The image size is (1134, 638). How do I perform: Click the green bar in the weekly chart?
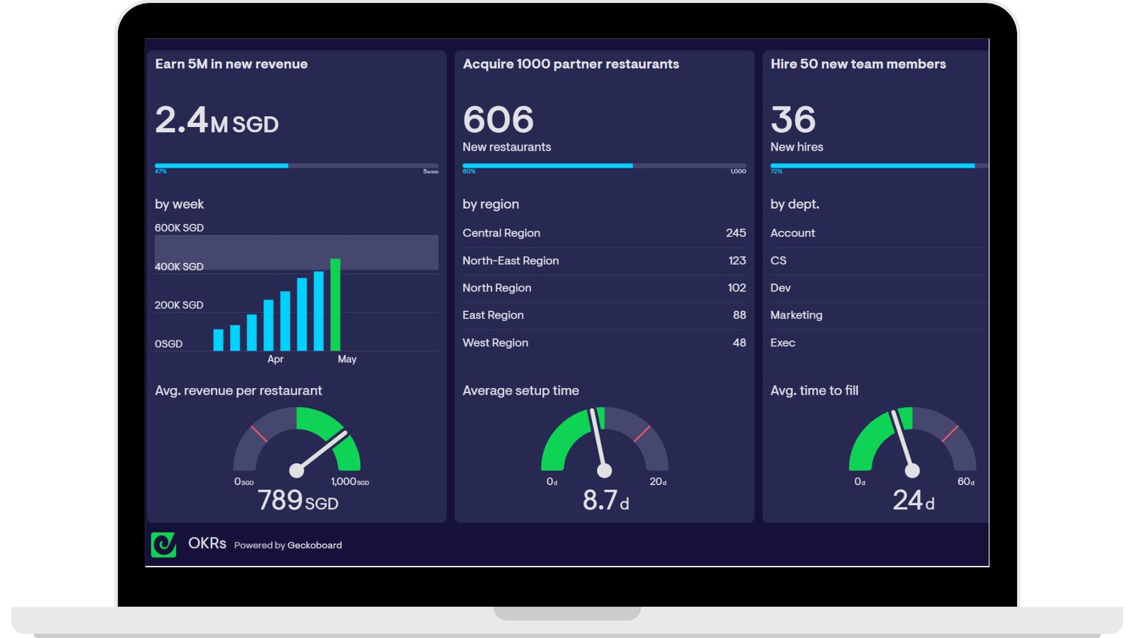335,305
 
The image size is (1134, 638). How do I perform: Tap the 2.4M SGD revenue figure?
216,120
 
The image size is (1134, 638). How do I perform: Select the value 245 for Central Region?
735,233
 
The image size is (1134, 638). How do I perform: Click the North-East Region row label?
510,261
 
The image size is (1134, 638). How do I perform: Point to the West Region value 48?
739,343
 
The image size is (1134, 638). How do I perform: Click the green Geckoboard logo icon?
164,545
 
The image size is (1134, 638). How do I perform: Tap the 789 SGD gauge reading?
298,501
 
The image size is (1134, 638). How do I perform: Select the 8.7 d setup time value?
605,501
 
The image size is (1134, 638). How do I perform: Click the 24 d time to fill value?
913,501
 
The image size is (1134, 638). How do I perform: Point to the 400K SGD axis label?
179,267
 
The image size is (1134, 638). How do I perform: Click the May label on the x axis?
347,359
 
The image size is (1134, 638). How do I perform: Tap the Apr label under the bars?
275,359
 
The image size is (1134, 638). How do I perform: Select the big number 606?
498,120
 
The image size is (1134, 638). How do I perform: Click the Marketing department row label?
796,315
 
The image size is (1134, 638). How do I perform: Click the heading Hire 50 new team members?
858,64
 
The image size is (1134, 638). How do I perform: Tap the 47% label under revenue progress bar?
161,172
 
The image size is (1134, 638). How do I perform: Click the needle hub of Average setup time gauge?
604,471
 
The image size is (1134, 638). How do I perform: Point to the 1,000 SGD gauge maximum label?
350,482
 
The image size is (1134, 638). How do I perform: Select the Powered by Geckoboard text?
288,545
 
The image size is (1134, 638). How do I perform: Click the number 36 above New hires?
793,120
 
